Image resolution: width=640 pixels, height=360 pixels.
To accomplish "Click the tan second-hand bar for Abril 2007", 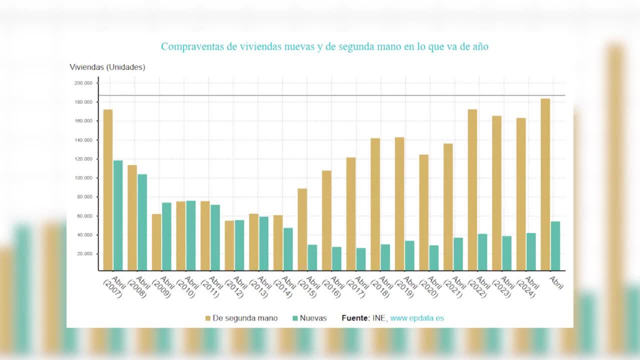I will coord(108,190).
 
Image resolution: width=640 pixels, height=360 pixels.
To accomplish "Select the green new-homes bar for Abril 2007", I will coord(118,215).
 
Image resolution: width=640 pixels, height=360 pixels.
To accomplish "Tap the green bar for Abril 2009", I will coord(167,236).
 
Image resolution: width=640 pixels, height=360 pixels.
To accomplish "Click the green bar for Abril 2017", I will coord(361,259).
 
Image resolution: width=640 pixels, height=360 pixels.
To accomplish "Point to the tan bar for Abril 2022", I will coord(472,190).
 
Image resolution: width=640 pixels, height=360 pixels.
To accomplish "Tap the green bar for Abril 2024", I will coord(531,252).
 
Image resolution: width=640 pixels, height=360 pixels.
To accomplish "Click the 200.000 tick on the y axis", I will coord(83,83).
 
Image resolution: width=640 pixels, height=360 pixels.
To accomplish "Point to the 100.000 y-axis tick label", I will coord(83,178).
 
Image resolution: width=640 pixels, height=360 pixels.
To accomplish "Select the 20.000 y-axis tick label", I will coord(85,254).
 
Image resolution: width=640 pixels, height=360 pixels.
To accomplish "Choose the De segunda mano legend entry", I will coord(245,318).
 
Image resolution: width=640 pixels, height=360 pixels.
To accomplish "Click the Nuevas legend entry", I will coord(313,318).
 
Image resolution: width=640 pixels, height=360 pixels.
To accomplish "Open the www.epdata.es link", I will coord(417,318).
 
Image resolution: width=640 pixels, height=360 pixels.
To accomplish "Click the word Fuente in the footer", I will coord(355,318).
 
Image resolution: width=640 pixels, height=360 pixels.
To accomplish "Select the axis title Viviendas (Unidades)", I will coord(107,67).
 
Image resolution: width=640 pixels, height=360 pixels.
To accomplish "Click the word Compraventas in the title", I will coord(192,46).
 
